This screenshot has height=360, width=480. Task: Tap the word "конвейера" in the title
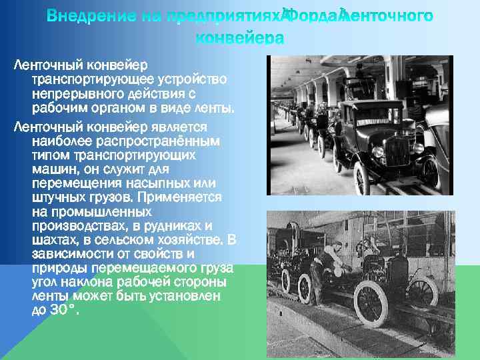click(x=239, y=39)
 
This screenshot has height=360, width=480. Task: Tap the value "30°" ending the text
click(x=61, y=310)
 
